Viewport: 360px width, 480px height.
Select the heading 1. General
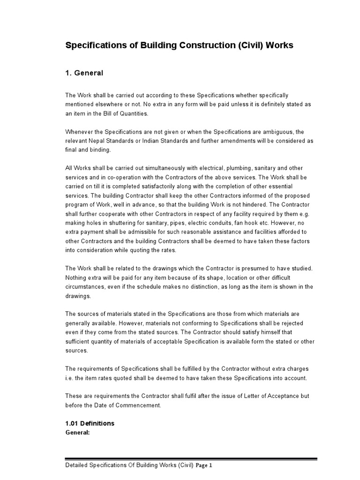coord(84,73)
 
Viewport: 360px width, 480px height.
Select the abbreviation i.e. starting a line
coord(69,377)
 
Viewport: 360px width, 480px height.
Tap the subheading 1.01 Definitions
coord(89,423)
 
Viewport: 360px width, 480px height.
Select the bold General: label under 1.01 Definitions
coord(77,432)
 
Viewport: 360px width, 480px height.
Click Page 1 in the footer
coord(204,466)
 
